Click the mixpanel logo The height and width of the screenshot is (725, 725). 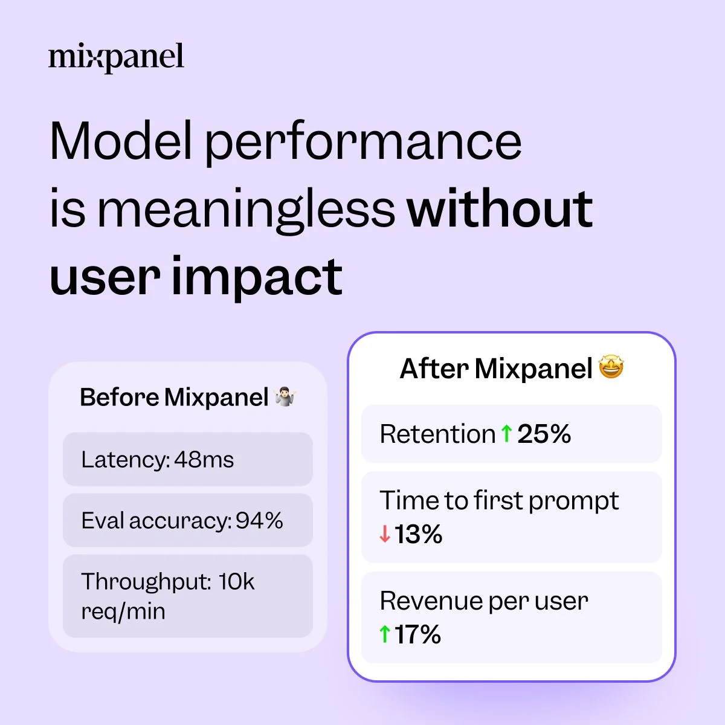point(116,57)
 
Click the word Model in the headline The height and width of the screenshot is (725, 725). point(121,141)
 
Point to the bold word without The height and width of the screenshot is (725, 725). point(500,208)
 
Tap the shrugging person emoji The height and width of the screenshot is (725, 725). point(285,397)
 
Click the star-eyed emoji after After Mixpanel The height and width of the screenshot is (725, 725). point(611,367)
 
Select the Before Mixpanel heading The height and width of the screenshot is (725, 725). point(174,398)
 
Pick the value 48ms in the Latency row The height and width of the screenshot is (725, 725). point(204,460)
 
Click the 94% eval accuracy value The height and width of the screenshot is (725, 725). point(259,520)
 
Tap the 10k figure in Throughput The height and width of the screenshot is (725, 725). point(236,582)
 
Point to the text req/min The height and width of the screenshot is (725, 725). point(123,611)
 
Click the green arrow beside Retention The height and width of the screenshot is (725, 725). point(506,433)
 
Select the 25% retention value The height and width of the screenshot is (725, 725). point(544,434)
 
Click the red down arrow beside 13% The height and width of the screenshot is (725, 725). point(385,534)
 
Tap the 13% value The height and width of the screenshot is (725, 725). point(419,534)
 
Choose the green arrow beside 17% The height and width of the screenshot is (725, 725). point(385,634)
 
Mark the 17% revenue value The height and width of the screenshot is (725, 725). point(418,634)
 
